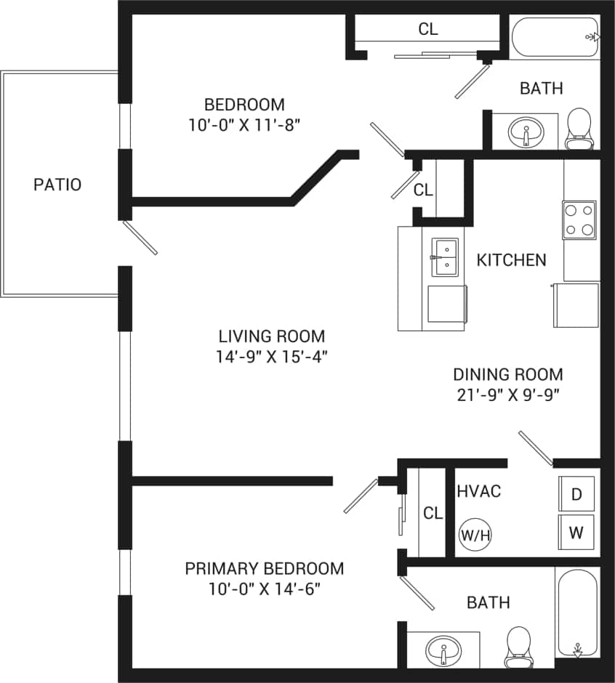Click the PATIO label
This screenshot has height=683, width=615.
57,185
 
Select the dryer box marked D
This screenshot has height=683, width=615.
576,494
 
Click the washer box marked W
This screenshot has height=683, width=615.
576,533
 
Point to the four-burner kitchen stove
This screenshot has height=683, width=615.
579,220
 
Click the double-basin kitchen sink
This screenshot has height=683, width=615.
445,257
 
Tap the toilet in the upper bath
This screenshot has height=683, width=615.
579,128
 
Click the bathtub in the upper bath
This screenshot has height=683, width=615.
555,38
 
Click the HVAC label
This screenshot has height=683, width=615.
478,491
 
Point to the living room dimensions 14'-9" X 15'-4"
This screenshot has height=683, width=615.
271,357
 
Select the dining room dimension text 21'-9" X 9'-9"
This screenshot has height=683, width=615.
507,395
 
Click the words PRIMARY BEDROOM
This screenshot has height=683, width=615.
264,568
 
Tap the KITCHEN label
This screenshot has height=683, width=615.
511,260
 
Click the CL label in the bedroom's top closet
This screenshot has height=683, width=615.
428,29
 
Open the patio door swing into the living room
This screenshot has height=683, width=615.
140,238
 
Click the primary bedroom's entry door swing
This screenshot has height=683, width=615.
361,496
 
